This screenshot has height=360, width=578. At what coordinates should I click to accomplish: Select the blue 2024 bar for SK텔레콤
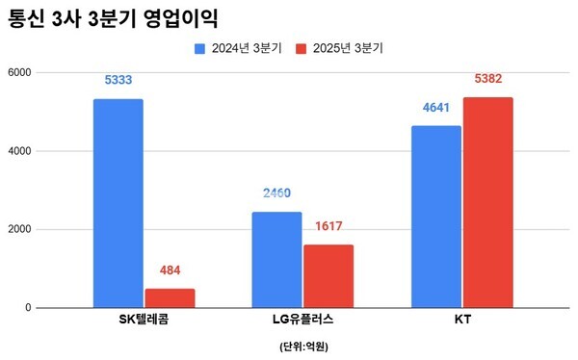point(118,203)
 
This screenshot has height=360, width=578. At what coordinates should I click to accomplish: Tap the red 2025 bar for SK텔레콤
point(170,297)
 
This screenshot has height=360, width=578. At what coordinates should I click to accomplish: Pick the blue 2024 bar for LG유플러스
point(276,260)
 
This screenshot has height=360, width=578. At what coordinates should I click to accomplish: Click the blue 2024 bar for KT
point(435,217)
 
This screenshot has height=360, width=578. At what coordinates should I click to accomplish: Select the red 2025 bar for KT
point(487,202)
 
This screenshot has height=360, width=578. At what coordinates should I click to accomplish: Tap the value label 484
point(170,270)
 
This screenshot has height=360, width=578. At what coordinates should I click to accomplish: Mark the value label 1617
point(328,227)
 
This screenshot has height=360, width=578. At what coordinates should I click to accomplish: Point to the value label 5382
point(487,79)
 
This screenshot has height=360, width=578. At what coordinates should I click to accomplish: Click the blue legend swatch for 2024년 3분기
point(200,47)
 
